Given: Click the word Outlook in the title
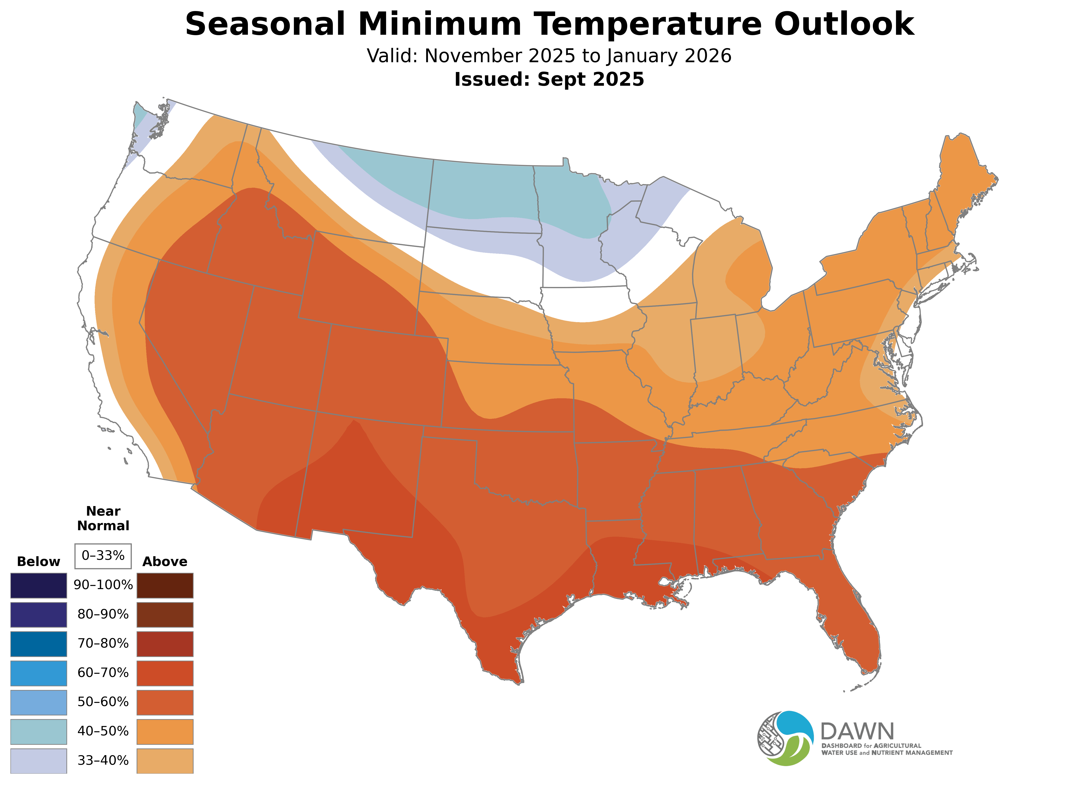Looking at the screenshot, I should (x=844, y=24).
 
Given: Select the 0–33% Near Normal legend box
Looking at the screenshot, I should (x=103, y=556).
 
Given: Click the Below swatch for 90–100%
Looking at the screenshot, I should (x=39, y=586).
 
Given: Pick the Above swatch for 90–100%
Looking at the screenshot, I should (x=165, y=586).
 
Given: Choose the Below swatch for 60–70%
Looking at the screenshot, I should (x=39, y=673).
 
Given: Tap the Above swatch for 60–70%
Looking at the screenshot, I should (x=165, y=673).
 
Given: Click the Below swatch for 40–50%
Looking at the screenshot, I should (x=39, y=731).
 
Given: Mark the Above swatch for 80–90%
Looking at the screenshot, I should (x=165, y=614).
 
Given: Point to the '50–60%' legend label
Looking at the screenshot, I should (x=103, y=702).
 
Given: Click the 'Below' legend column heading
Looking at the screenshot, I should (x=39, y=562).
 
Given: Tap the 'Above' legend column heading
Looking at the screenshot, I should (x=165, y=562).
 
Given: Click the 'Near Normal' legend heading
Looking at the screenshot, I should (x=103, y=518).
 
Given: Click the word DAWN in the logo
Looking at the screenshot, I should (x=857, y=732).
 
